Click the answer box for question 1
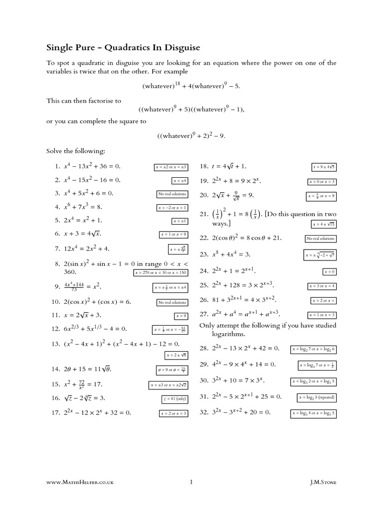171,167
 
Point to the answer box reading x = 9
181,316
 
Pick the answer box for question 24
330,272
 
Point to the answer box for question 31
317,397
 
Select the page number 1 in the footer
191,482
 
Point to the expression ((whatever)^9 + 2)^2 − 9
191,135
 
